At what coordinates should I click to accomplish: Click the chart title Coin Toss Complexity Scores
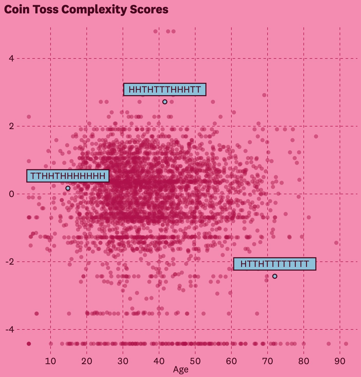click(86, 10)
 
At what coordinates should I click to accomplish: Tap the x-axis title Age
click(181, 370)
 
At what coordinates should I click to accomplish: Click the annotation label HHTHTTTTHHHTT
click(165, 90)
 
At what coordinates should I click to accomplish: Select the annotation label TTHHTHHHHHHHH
click(68, 176)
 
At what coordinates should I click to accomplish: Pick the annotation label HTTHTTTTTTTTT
click(275, 264)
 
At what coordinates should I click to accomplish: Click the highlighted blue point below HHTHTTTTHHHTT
click(165, 102)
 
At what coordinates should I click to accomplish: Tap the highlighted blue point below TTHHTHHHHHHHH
click(68, 188)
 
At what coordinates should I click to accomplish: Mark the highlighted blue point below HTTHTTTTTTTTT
click(275, 276)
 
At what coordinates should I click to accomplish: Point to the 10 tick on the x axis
click(51, 361)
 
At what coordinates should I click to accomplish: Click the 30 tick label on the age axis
click(123, 361)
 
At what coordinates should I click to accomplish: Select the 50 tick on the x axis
click(195, 361)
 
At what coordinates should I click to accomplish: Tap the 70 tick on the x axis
click(268, 361)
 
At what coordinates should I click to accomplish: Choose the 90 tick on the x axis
click(340, 361)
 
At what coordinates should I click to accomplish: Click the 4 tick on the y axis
click(11, 59)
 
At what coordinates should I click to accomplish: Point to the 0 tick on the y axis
click(11, 194)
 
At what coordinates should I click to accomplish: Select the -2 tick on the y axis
click(10, 262)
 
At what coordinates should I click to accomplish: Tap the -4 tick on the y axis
click(10, 329)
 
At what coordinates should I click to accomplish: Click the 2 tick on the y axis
click(11, 126)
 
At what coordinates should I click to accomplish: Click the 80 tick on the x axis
click(304, 361)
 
